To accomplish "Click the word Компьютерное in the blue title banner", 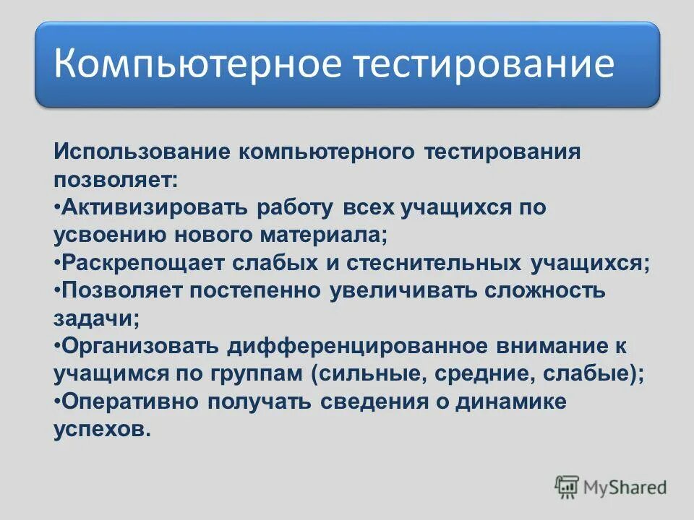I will point(197,64).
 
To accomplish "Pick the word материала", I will point(326,235).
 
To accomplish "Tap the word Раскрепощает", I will point(141,263).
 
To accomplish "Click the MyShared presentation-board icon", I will point(567,487).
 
